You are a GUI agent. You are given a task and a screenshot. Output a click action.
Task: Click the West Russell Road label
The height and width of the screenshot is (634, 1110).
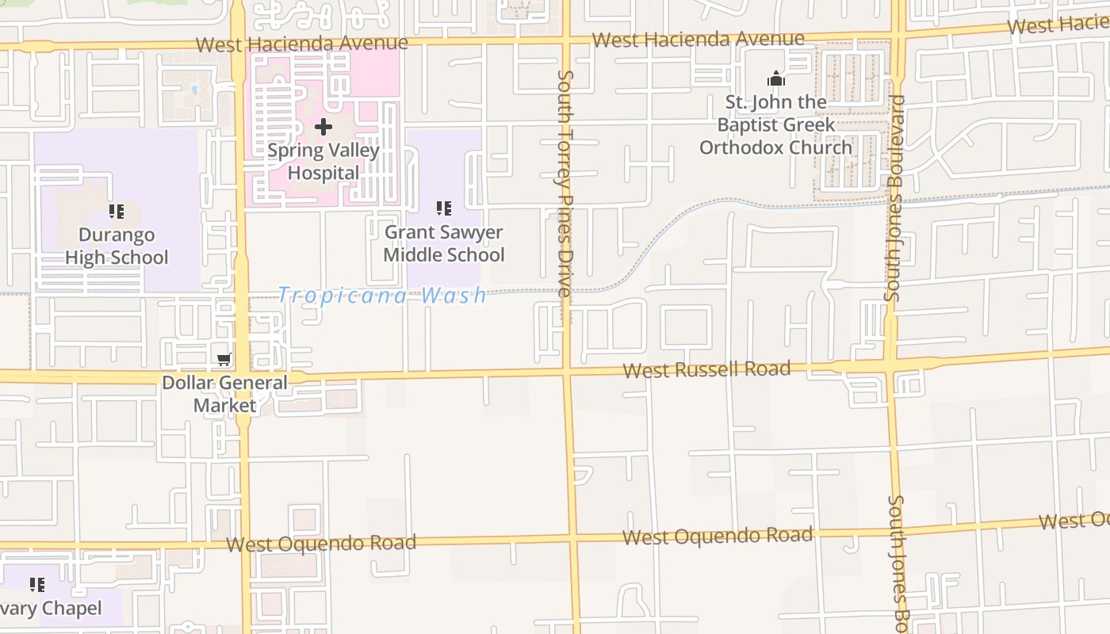click(x=706, y=369)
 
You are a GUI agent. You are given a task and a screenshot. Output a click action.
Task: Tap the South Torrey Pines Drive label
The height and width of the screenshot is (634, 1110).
click(x=565, y=184)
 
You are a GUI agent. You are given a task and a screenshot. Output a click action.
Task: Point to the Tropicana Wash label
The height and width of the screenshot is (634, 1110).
click(x=382, y=296)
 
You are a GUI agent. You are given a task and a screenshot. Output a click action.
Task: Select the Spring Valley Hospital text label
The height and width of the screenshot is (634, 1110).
click(x=323, y=161)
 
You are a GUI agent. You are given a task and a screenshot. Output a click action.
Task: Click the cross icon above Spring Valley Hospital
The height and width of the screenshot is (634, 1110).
click(x=323, y=127)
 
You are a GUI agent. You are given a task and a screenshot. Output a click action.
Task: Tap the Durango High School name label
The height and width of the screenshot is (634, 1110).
click(x=117, y=246)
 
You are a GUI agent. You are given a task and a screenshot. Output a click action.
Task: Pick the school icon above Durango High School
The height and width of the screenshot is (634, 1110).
click(x=117, y=212)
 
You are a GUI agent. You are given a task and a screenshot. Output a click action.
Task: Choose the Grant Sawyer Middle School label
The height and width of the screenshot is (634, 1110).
click(x=444, y=243)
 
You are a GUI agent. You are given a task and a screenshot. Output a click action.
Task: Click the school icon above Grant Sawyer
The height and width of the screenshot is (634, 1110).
click(x=444, y=208)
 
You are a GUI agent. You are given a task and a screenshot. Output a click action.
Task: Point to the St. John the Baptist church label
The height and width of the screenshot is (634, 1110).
click(x=775, y=124)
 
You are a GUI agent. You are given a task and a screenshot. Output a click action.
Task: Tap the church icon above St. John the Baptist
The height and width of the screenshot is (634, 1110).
click(x=776, y=78)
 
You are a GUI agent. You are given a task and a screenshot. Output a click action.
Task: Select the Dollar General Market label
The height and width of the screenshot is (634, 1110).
click(x=225, y=394)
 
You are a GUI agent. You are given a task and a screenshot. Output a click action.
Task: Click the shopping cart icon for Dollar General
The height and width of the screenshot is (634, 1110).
click(x=225, y=360)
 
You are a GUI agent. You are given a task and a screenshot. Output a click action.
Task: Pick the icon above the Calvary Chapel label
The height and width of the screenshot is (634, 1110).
click(x=37, y=585)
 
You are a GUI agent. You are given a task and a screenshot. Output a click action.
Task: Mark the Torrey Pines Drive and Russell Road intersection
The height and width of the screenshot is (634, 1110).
click(x=567, y=371)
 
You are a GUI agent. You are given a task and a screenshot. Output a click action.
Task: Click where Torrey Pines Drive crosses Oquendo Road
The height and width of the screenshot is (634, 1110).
click(x=572, y=539)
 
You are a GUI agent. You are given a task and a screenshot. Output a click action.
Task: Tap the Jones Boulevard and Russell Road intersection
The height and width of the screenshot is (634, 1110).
click(x=892, y=364)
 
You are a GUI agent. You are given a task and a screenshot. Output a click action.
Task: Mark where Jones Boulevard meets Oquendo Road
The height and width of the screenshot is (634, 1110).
click(x=897, y=527)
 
